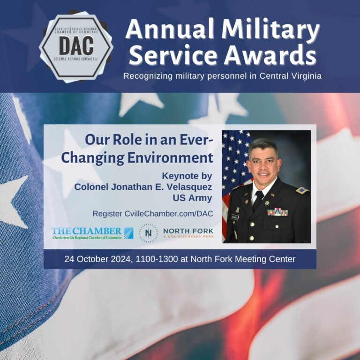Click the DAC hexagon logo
[75, 45]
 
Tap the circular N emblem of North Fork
[148, 233]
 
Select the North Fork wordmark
[188, 232]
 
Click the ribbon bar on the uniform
[277, 212]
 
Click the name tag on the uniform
[234, 217]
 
